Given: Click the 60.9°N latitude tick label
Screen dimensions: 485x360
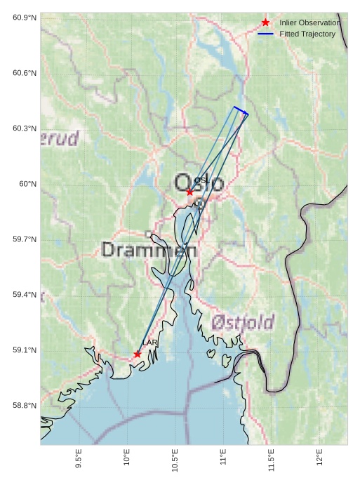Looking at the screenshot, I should (25, 17).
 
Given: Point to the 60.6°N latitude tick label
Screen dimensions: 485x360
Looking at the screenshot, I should (25, 73).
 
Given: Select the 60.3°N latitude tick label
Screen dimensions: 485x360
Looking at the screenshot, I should (25, 128).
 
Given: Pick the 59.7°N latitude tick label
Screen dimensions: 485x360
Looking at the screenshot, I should (25, 239).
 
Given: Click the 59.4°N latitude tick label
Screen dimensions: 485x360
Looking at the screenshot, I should (25, 295).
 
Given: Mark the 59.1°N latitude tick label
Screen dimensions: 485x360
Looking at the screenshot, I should (25, 350).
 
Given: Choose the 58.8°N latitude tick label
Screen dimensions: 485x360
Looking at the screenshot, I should (25, 406).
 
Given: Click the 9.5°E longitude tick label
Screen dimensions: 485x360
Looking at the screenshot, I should (78, 460).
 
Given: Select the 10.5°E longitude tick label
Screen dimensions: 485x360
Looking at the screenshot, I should (175, 460).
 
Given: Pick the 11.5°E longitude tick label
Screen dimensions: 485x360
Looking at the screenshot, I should (271, 460).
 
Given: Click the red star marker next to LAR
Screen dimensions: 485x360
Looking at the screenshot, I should (137, 354).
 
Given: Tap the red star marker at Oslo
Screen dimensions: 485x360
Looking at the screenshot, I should (189, 192).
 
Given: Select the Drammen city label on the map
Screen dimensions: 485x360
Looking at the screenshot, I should (149, 249).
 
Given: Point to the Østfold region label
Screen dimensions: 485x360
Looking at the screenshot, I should (243, 323).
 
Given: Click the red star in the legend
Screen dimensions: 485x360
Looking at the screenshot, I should (265, 22).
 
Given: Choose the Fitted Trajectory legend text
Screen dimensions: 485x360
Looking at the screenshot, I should (307, 34).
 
